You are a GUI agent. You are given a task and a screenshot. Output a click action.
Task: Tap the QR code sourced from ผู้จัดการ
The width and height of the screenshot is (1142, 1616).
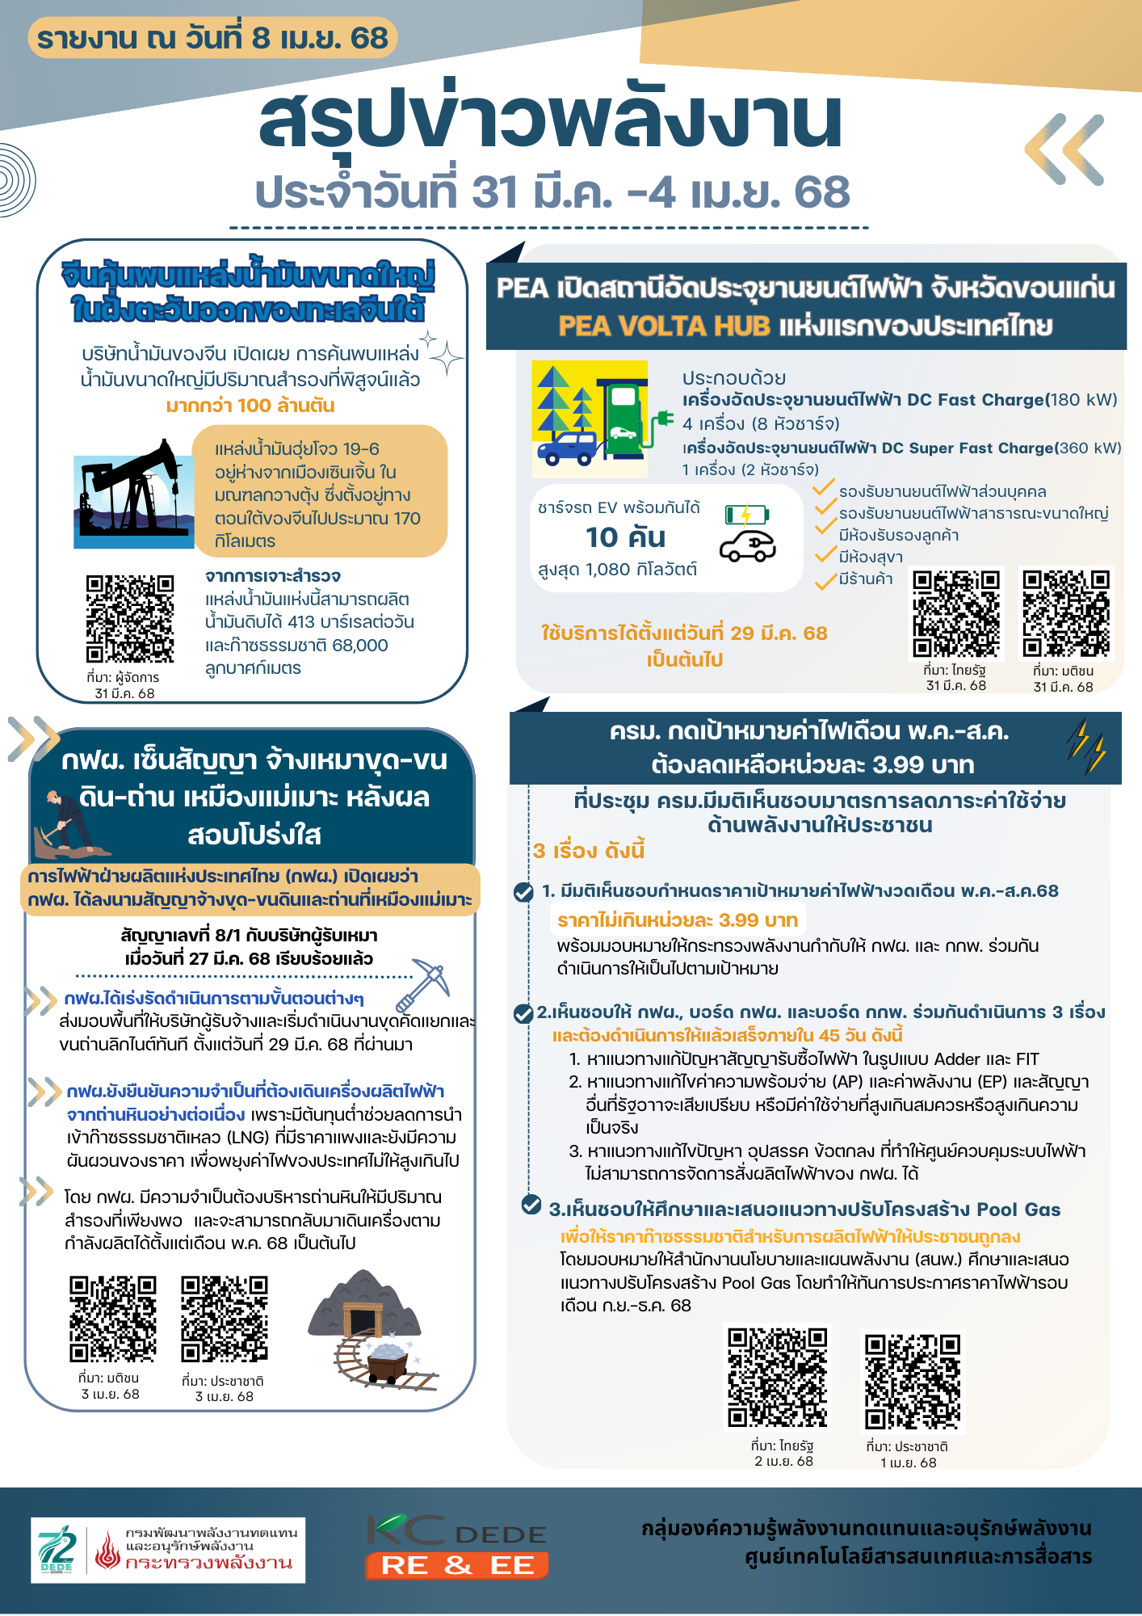coord(130,618)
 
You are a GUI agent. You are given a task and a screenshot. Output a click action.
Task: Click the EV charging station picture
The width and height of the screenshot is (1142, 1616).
coord(590,418)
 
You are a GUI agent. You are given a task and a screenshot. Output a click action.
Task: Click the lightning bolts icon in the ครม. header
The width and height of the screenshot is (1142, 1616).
coord(1085,745)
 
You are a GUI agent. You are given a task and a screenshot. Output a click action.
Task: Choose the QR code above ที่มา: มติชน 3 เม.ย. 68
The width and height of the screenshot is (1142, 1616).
coord(112,1319)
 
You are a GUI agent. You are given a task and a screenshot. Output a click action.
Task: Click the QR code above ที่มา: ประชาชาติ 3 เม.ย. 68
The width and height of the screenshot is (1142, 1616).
coord(224,1319)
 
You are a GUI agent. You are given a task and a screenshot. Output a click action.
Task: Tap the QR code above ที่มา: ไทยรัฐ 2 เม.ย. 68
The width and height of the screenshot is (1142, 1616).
coord(778,1378)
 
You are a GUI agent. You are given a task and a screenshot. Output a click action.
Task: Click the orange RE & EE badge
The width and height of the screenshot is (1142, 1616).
coord(457,1565)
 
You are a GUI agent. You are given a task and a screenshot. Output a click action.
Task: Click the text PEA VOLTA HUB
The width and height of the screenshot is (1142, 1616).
coord(664,326)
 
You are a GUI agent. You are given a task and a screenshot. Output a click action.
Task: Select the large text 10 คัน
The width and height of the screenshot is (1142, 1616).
coord(626,537)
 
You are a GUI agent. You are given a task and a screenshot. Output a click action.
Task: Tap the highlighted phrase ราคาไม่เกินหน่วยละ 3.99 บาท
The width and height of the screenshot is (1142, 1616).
coord(678,920)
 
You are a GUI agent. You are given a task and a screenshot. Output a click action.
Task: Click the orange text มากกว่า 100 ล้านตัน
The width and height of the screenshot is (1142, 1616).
coord(250,406)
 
